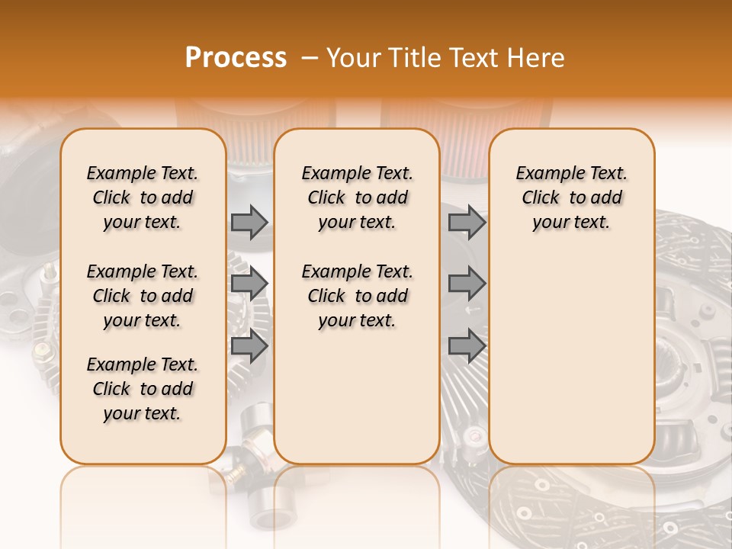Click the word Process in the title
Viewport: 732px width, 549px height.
click(x=236, y=58)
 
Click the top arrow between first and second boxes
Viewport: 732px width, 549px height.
click(x=249, y=222)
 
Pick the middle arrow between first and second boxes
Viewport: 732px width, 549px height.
click(x=249, y=284)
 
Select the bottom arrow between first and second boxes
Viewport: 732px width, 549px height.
click(x=249, y=345)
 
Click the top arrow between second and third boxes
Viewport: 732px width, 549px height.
click(x=467, y=222)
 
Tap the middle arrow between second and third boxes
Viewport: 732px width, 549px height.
click(x=467, y=284)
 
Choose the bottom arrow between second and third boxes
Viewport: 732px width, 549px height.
click(x=467, y=345)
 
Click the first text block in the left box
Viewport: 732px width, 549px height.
click(x=143, y=197)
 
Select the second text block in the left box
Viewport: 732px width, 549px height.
click(x=143, y=296)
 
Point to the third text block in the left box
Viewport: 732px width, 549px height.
click(x=143, y=389)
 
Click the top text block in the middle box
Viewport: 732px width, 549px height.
click(x=357, y=197)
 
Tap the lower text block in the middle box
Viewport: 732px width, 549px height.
click(x=357, y=296)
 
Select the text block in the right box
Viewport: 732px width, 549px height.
click(x=571, y=197)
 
